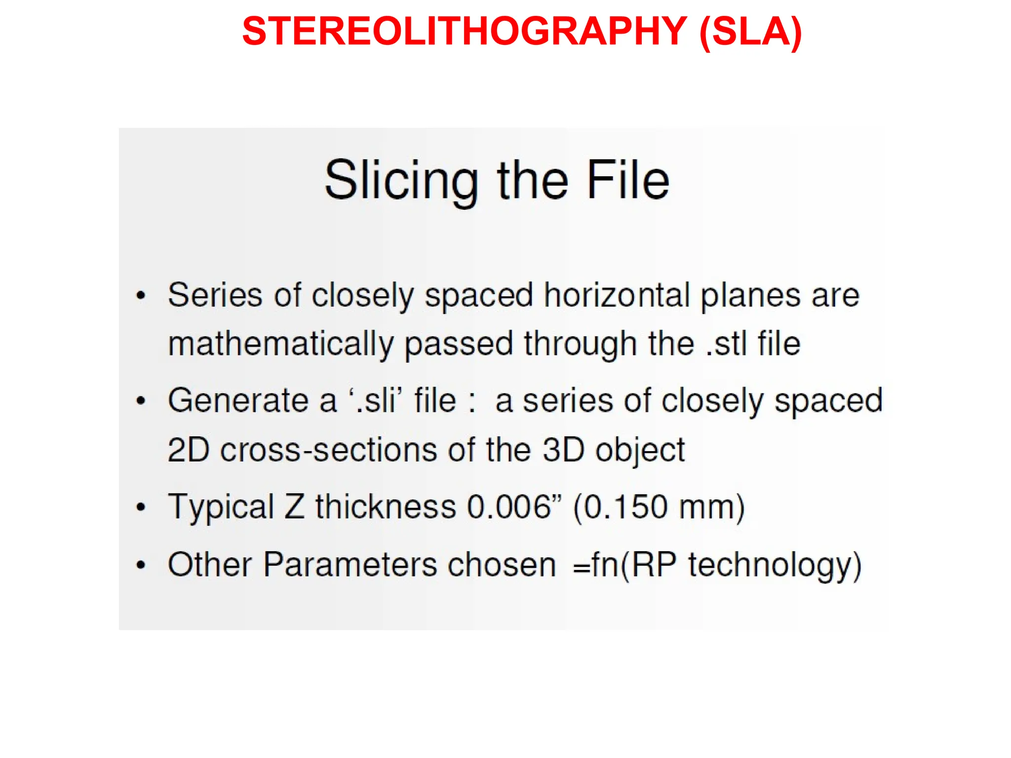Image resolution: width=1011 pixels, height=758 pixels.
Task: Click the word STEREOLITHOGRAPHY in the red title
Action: click(x=464, y=32)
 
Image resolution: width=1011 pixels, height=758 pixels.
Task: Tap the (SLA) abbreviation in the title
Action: click(x=750, y=32)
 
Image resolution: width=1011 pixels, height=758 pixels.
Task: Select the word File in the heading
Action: click(x=627, y=181)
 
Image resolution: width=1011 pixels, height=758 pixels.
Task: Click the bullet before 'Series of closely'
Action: click(x=141, y=296)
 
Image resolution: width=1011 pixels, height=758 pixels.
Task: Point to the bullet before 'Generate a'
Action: click(x=141, y=401)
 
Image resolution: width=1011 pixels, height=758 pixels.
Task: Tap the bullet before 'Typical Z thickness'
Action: click(x=141, y=507)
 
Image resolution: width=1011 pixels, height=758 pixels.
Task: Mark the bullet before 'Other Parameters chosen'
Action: click(x=141, y=565)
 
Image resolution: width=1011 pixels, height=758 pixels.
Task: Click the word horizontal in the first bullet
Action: click(x=617, y=296)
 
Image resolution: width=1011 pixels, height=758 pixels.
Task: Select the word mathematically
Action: click(x=281, y=344)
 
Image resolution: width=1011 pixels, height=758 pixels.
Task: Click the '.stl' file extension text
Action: click(x=725, y=344)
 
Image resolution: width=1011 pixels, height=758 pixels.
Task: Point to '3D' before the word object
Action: click(x=563, y=450)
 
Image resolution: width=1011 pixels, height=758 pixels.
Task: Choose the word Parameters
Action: click(x=350, y=565)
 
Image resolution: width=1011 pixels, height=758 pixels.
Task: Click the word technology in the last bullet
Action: click(x=770, y=565)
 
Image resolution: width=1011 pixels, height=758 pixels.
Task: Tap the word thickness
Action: click(x=386, y=507)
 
